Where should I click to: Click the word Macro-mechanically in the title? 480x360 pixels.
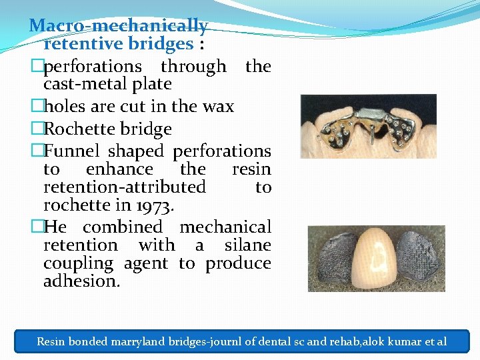pyautogui.click(x=119, y=27)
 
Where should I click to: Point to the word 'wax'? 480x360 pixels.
pyautogui.click(x=219, y=107)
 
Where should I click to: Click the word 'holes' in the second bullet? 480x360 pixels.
pyautogui.click(x=66, y=107)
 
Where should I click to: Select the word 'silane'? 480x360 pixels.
pyautogui.click(x=248, y=245)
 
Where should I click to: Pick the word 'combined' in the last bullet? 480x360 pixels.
pyautogui.click(x=122, y=227)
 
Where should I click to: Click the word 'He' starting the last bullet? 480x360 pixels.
pyautogui.click(x=55, y=227)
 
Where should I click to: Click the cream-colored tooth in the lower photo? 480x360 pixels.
pyautogui.click(x=374, y=258)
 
